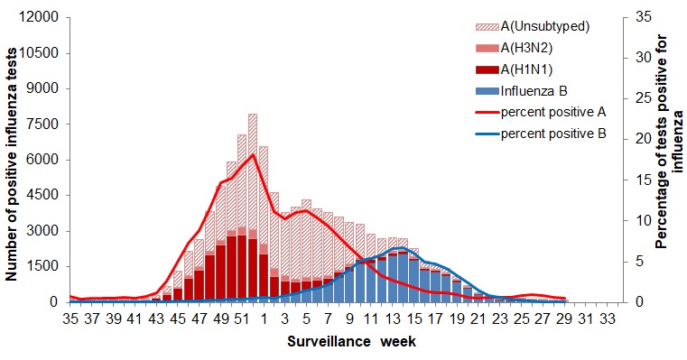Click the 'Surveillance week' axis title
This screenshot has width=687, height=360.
click(351, 343)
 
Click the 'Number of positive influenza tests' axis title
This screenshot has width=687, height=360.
click(14, 161)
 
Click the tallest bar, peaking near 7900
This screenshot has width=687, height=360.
click(253, 208)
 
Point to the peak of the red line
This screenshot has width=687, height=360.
click(253, 154)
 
